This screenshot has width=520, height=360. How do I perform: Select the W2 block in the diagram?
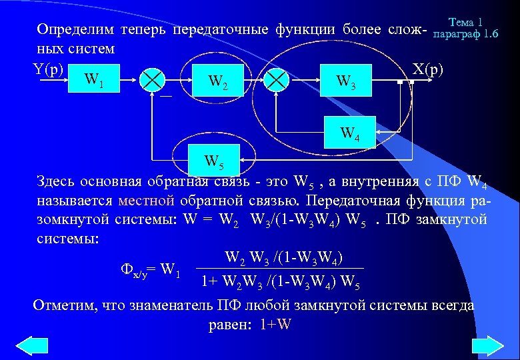coord(217,81)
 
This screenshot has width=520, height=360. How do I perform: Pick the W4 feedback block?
coord(349,132)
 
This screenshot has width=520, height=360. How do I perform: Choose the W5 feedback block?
coord(214,160)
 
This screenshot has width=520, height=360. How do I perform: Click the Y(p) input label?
coord(49,69)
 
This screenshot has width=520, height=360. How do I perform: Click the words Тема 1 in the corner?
coord(466,21)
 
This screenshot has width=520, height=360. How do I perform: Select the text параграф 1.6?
coord(465,33)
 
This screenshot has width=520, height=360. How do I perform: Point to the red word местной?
coord(146,201)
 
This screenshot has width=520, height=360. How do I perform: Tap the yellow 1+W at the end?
coord(275,325)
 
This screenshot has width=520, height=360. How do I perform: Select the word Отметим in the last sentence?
coord(63,306)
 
